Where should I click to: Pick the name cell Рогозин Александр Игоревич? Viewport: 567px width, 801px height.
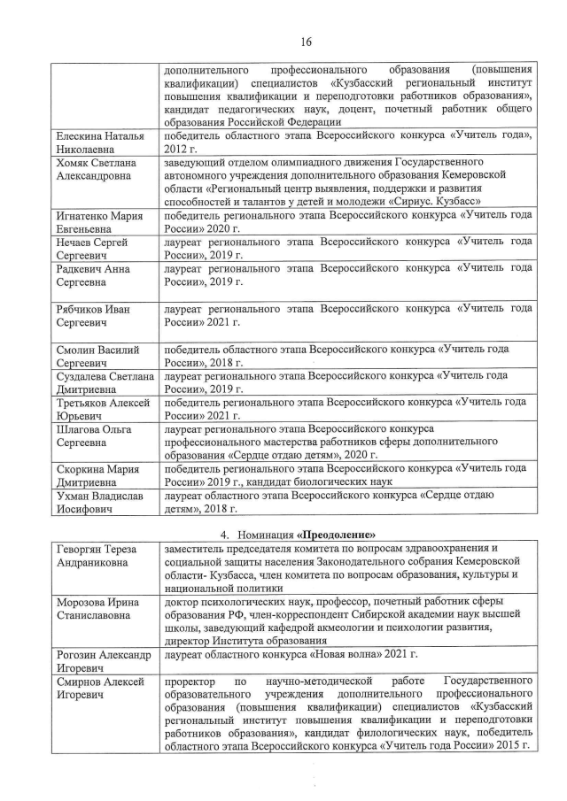click(x=102, y=659)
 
